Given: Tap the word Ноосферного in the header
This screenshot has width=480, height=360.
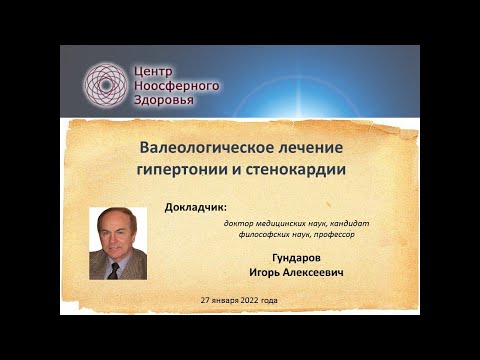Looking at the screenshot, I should pyautogui.click(x=177, y=85).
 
